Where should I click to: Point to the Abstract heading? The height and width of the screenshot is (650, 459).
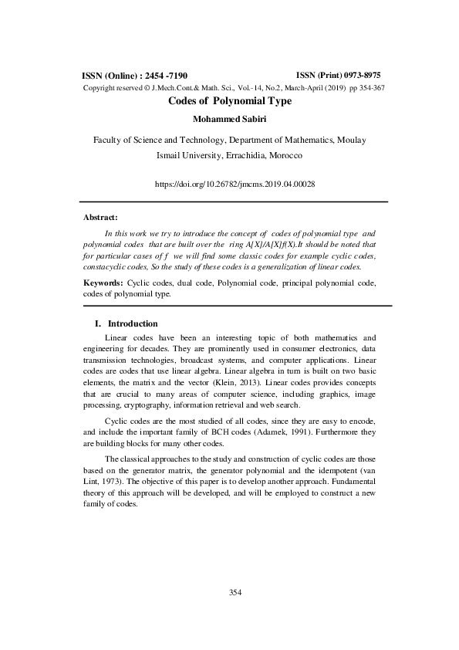[100, 217]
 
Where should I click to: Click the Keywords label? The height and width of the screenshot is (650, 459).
[103, 283]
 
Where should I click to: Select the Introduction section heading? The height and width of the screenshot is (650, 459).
[133, 323]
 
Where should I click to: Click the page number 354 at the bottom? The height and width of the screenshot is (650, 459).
[236, 592]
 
